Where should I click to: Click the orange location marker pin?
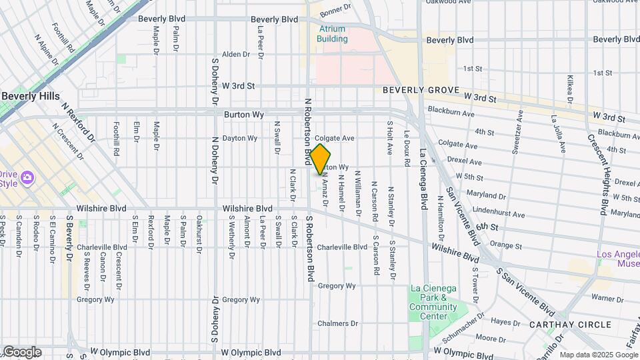(321, 159)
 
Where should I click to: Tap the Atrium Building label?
(332, 34)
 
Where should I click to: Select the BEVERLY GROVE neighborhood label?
(421, 90)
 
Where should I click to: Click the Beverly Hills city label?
(31, 96)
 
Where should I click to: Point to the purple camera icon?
(27, 178)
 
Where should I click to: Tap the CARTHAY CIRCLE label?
(570, 325)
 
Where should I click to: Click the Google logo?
(21, 352)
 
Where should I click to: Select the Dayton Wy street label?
(239, 139)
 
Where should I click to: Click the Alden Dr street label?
(235, 54)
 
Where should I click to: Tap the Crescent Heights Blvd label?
(597, 174)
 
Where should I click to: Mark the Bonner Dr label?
(335, 9)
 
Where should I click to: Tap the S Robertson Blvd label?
(310, 247)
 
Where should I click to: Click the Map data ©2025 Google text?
(596, 355)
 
